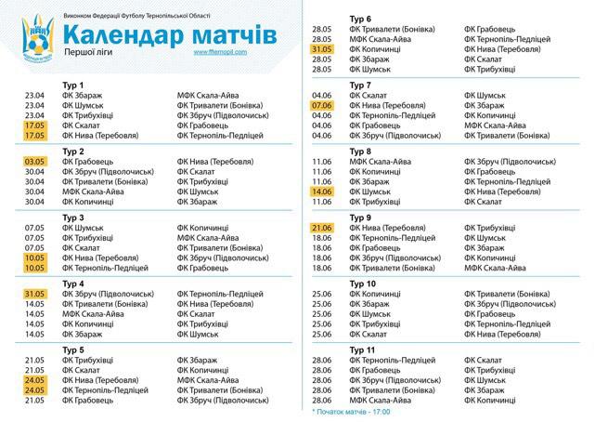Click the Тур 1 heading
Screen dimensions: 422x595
point(72,85)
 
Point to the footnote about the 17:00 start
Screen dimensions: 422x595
point(353,410)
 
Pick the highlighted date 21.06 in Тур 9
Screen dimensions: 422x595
point(323,228)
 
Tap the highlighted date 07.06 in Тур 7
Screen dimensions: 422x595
point(323,105)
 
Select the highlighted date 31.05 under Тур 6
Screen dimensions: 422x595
point(323,48)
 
